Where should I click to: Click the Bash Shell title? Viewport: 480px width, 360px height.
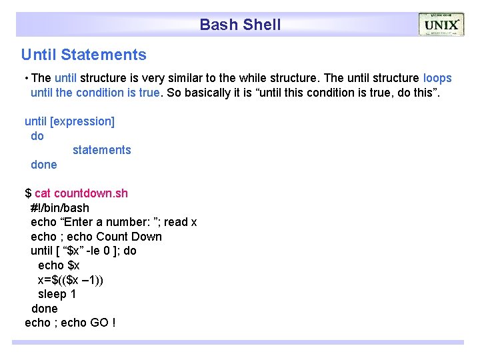tap(240, 25)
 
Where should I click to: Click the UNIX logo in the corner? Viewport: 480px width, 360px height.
tap(441, 25)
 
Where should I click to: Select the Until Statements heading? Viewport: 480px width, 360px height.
tap(83, 55)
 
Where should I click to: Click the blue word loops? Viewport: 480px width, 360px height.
tap(437, 78)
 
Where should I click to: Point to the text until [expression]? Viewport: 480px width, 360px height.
tap(69, 121)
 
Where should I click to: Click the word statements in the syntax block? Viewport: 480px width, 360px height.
tap(101, 150)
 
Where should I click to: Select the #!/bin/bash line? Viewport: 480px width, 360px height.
tap(60, 208)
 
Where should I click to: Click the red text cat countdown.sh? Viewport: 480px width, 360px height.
tap(81, 193)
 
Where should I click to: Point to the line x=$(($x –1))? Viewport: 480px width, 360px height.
tap(70, 279)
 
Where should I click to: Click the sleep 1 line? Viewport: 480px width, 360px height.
tap(57, 294)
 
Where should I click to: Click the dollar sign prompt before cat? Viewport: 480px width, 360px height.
tap(28, 193)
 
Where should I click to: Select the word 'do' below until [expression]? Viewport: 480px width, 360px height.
tap(37, 136)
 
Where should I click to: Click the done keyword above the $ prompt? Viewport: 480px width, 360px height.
tap(44, 165)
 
